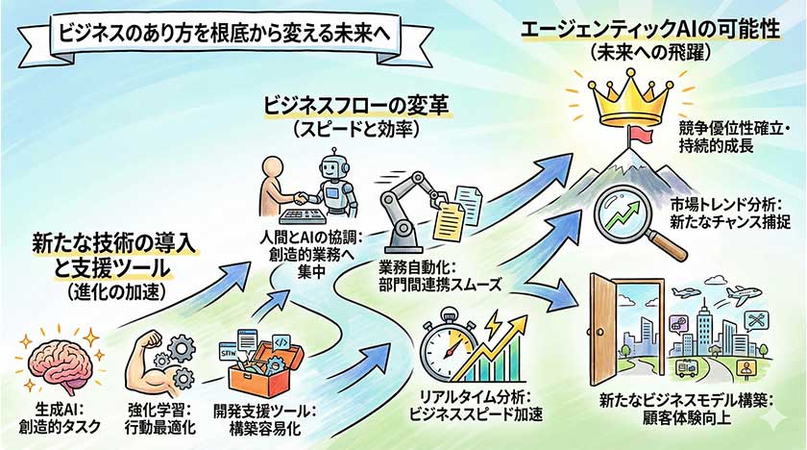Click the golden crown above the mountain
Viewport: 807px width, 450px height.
tap(635, 99)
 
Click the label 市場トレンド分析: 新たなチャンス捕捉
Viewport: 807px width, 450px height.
tap(730, 212)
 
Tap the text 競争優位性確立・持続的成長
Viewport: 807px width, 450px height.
tap(734, 137)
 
